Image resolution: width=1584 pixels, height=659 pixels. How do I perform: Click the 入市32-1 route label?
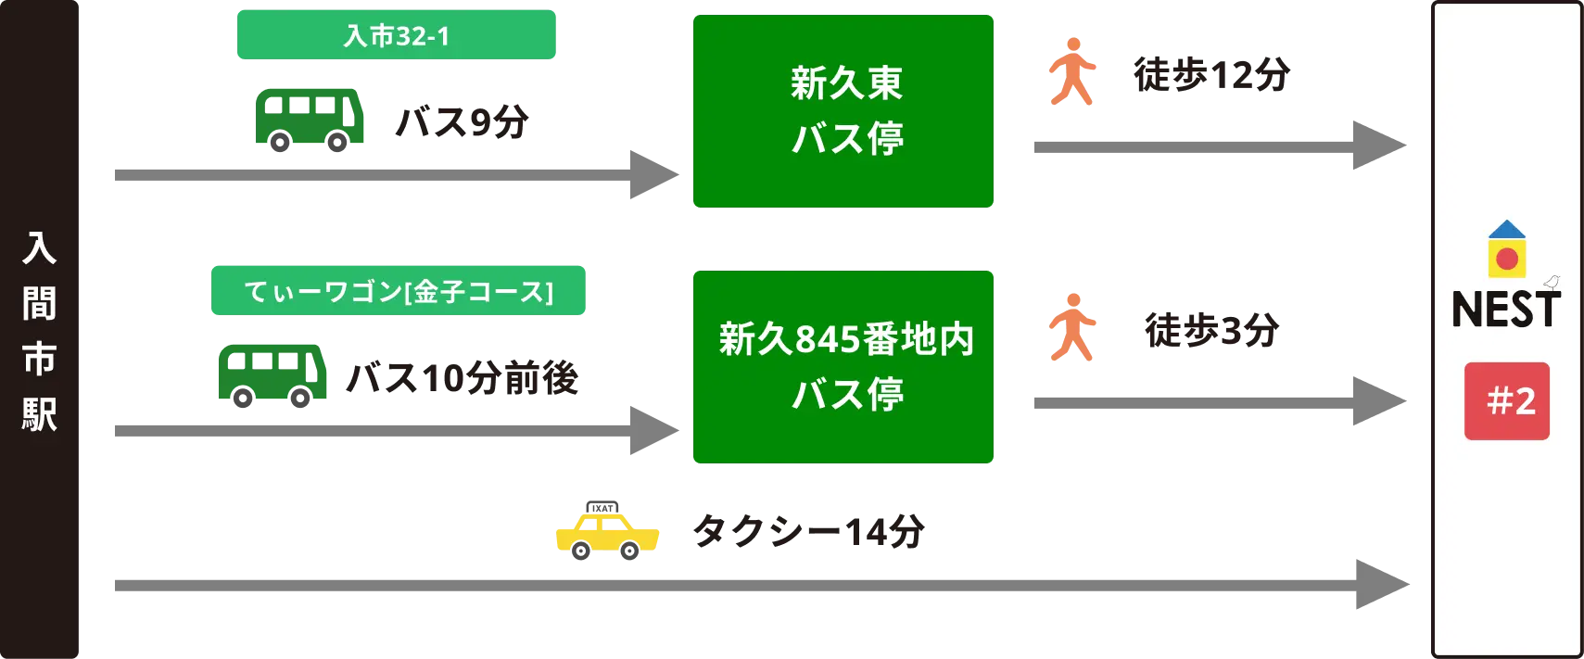(396, 34)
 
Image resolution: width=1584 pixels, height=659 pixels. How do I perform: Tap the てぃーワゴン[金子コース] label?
(397, 290)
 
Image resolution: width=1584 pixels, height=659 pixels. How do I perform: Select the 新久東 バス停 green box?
(842, 111)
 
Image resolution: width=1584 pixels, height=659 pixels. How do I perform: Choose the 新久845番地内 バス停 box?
(842, 367)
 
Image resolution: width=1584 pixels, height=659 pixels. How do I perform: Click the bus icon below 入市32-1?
(310, 118)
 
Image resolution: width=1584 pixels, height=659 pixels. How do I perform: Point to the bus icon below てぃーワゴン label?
(272, 374)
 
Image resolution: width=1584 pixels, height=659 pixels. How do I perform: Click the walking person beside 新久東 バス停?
(1071, 74)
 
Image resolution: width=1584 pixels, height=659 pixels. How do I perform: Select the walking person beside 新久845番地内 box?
(1071, 327)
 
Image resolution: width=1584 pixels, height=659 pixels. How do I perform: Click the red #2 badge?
(1507, 401)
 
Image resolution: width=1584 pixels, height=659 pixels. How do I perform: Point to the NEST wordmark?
(1506, 310)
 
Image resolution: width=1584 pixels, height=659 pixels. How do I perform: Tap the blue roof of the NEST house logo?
(1507, 230)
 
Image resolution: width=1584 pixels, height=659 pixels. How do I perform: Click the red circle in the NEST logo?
(1507, 259)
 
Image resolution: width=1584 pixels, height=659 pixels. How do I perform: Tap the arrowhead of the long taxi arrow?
(1382, 585)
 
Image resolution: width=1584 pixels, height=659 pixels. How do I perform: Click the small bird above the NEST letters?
(1552, 283)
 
